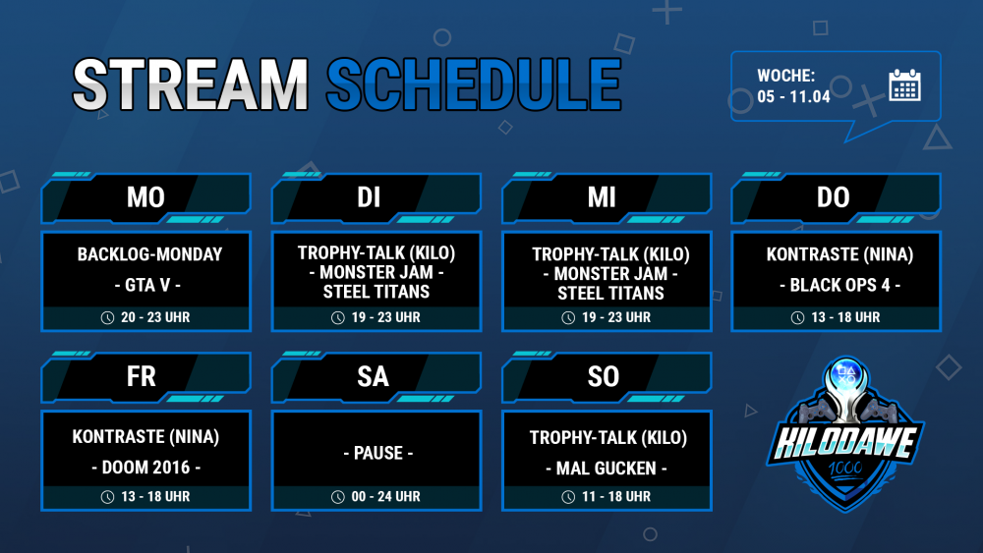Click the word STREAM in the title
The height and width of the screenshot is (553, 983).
(191, 84)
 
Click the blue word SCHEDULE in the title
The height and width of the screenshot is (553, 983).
(474, 84)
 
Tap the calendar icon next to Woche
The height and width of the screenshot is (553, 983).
(903, 85)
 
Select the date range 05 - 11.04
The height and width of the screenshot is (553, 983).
(793, 97)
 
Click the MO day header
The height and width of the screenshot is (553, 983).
(145, 197)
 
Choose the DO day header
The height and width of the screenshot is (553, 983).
(834, 197)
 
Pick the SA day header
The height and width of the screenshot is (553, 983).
(374, 376)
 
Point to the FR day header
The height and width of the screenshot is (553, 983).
(142, 376)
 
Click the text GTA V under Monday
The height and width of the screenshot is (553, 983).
(150, 286)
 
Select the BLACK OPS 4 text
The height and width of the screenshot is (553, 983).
(839, 286)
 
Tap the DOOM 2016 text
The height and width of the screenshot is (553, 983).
(145, 468)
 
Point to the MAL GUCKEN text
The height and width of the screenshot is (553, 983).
(606, 469)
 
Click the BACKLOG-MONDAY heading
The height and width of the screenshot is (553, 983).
(149, 254)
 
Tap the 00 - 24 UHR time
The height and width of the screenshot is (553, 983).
(385, 497)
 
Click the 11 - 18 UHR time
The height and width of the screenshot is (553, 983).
(615, 497)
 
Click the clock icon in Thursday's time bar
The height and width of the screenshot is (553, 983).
(797, 317)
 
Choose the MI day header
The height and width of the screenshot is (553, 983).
(602, 197)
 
